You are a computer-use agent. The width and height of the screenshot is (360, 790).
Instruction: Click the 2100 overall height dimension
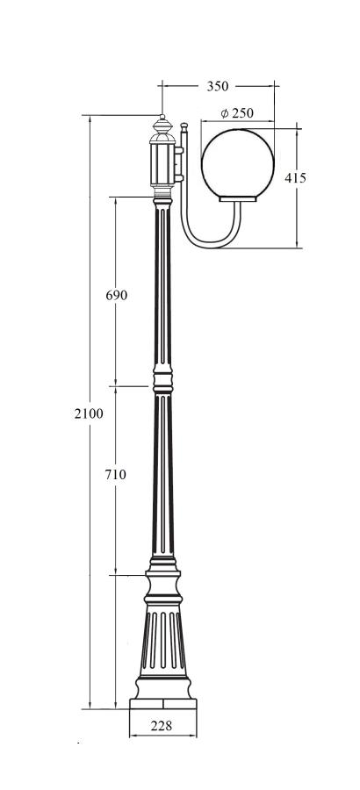coord(89,413)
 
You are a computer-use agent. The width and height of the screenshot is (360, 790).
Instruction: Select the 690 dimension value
coord(117,295)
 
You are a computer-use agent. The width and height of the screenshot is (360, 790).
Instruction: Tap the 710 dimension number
coord(115,474)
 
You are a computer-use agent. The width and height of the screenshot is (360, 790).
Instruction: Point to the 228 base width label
coord(162,726)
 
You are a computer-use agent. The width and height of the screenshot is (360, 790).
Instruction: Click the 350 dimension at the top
coord(217,86)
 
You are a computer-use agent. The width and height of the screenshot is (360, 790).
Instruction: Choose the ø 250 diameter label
coord(237,113)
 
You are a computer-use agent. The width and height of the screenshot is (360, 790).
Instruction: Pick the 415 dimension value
coord(295,178)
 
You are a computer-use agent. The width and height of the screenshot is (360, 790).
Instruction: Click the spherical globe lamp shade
coord(238,163)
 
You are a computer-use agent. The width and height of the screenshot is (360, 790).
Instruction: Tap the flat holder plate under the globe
coord(238,199)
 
